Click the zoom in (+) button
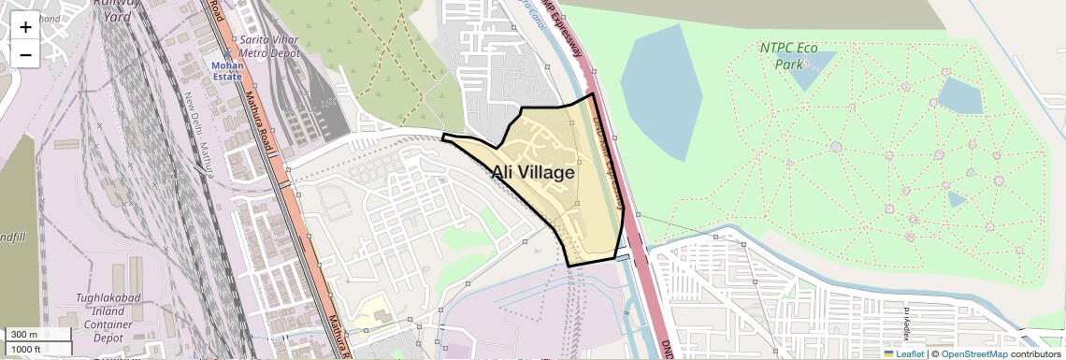coord(25,27)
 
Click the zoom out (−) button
coord(25,55)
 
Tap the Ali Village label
coord(533,173)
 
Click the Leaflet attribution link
coord(910,353)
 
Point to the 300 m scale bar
coord(37,335)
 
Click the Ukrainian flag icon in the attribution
coord(889,353)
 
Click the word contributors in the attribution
coord(1035,353)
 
